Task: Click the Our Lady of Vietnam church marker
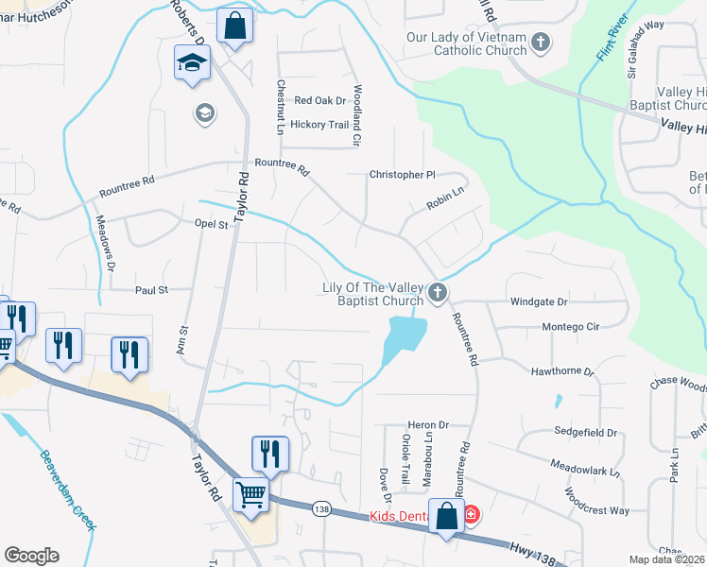540,42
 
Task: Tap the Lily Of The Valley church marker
437,293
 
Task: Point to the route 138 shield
322,507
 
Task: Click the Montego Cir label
571,327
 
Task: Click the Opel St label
212,225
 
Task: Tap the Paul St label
151,290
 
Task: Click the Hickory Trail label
320,125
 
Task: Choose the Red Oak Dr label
320,100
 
